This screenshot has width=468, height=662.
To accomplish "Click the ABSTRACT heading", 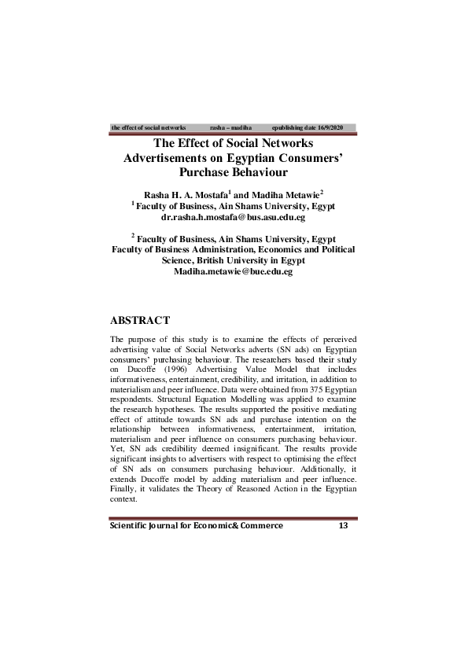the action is pos(141,320).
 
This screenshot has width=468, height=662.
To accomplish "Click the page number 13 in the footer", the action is pos(342,525).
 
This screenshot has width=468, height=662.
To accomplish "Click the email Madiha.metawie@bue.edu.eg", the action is pos(233,270).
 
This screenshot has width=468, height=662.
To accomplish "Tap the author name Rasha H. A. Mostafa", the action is pos(185,193).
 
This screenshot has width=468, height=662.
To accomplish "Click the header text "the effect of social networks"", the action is pos(149,127).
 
